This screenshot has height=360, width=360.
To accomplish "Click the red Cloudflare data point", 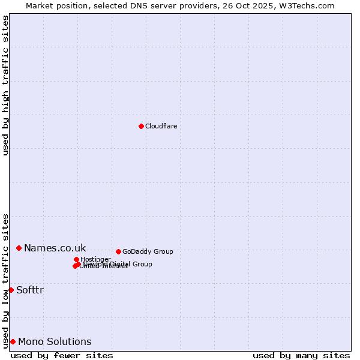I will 141,126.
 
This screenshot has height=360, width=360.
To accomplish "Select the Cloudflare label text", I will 161,126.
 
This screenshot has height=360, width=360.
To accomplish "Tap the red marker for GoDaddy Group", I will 118,251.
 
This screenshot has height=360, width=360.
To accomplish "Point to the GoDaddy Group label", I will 148,251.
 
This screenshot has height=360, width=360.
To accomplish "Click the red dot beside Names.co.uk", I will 19,248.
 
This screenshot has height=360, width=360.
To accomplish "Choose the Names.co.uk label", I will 55,248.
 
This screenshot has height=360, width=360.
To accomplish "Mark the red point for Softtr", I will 11,290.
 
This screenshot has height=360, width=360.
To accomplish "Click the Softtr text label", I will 30,290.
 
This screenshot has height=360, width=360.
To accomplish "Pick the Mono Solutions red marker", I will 13,341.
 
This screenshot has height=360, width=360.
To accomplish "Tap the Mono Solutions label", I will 55,341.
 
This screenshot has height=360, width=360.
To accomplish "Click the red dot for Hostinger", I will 76,259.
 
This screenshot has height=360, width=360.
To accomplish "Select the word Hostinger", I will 95,259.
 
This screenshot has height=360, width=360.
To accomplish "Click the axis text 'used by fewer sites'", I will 62,355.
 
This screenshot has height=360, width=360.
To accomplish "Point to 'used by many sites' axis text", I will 301,355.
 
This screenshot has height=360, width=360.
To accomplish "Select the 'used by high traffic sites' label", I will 6,85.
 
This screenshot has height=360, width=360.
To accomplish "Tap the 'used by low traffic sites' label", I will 6,280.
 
